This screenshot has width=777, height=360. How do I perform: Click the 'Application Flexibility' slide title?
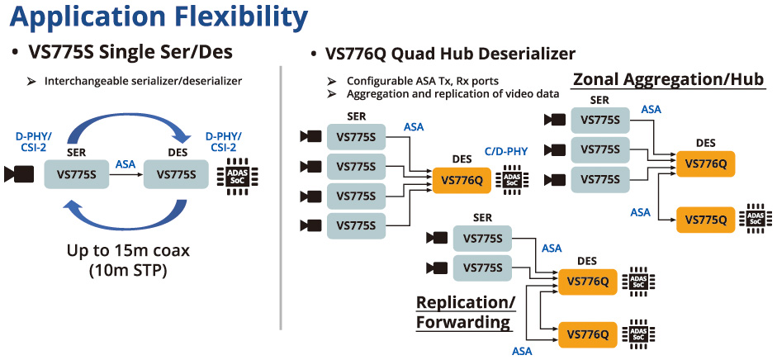[156, 17]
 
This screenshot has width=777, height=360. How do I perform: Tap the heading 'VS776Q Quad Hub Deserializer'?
[450, 55]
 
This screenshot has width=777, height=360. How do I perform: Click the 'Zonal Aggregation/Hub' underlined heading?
[668, 80]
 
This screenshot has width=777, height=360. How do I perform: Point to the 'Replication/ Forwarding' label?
[466, 312]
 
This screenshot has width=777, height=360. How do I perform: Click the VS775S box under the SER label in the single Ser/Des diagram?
[76, 174]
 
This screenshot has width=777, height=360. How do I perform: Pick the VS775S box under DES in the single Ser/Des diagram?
[176, 174]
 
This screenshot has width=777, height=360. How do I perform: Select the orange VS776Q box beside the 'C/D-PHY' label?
[462, 180]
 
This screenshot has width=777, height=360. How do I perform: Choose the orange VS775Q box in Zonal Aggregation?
[705, 220]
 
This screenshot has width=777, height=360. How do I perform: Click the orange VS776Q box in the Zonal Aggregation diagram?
[705, 163]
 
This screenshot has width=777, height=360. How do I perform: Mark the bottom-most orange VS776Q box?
[588, 334]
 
